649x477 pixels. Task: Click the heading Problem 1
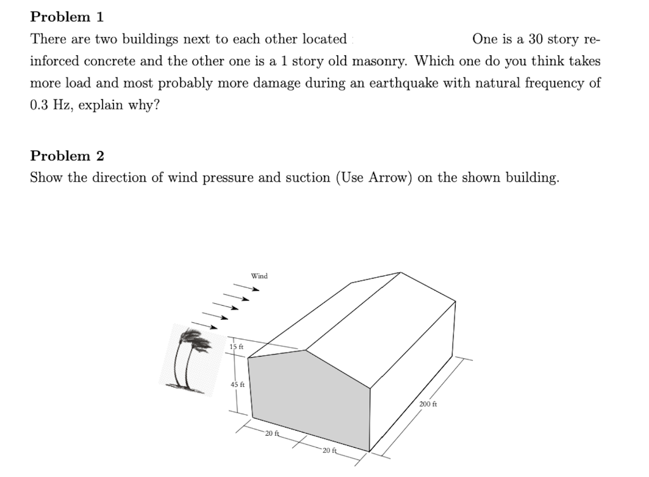pyautogui.click(x=67, y=16)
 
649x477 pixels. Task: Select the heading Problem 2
pyautogui.click(x=67, y=156)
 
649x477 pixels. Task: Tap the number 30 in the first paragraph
pyautogui.click(x=536, y=39)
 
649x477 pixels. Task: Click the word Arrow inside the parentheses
pyautogui.click(x=389, y=178)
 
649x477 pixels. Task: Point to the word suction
pyautogui.click(x=307, y=178)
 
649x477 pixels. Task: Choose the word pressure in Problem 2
pyautogui.click(x=227, y=178)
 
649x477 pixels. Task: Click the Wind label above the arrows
pyautogui.click(x=259, y=276)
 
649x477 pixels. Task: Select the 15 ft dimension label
pyautogui.click(x=236, y=347)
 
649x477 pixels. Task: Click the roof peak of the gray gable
pyautogui.click(x=307, y=350)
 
